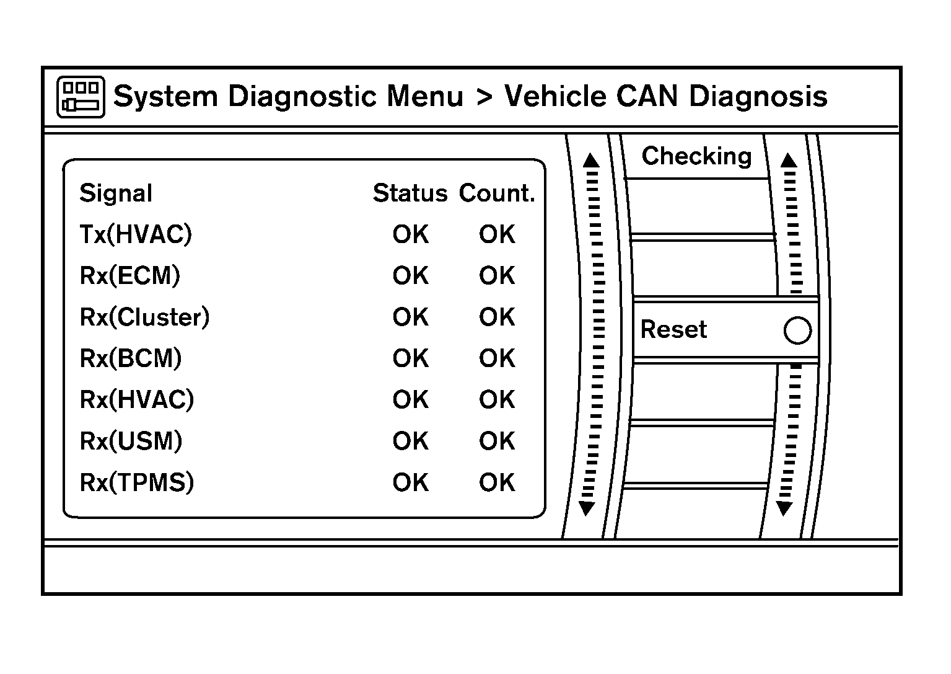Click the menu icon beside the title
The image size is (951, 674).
81,97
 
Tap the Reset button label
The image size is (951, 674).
673,329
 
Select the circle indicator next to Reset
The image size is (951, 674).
797,330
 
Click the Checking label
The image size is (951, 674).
696,156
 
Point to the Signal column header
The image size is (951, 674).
116,193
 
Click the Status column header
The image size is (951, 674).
410,193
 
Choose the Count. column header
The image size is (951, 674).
497,193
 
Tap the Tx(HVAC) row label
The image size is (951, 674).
136,234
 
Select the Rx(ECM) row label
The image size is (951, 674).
130,275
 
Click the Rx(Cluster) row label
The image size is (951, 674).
145,317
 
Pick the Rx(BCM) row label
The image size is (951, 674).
131,358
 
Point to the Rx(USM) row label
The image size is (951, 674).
131,441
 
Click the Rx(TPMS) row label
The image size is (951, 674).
137,482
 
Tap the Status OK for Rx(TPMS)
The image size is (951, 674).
410,482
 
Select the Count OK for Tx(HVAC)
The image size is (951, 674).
497,234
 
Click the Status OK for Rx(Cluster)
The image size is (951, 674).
410,317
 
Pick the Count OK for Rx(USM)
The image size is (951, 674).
497,441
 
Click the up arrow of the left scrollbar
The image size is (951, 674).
592,161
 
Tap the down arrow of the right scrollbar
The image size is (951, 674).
784,509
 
